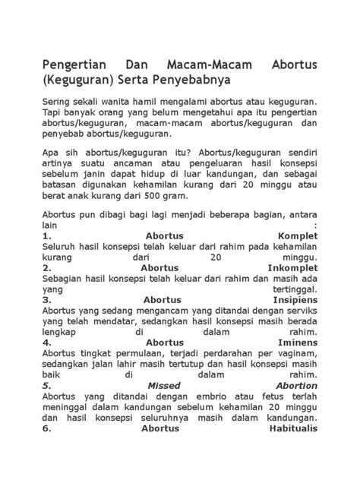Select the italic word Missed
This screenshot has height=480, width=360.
(x=164, y=385)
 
